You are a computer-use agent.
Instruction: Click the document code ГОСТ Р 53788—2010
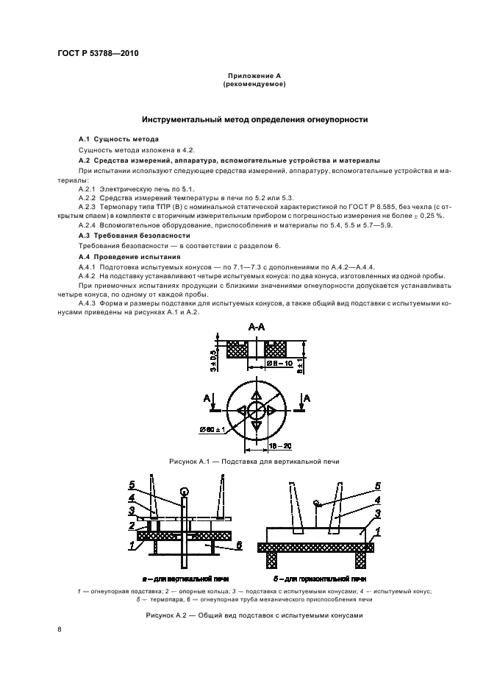point(97,54)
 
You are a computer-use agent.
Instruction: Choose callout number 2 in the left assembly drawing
point(132,526)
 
